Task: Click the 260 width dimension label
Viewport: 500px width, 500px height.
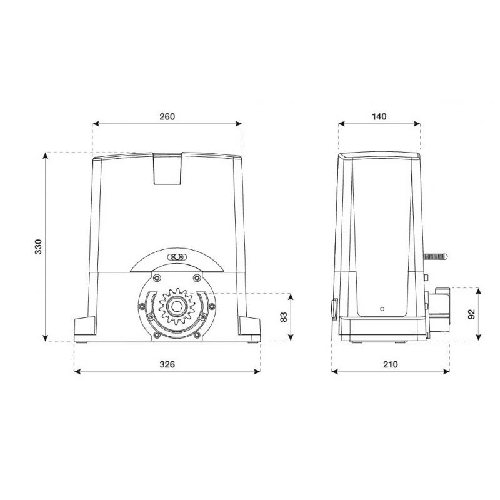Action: click(167, 116)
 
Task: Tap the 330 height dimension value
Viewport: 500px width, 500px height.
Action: click(38, 246)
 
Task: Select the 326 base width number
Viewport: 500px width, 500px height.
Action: click(167, 364)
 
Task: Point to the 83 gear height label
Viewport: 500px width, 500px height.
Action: click(284, 317)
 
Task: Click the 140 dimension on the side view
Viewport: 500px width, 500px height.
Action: click(379, 116)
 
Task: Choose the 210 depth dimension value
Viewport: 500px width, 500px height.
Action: click(390, 364)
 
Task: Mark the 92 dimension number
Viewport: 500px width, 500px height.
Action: click(471, 314)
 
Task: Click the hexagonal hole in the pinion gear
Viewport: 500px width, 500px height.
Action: click(176, 307)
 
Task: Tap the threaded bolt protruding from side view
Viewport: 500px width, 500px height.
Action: click(435, 256)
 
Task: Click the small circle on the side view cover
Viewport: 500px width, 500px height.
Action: click(382, 309)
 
